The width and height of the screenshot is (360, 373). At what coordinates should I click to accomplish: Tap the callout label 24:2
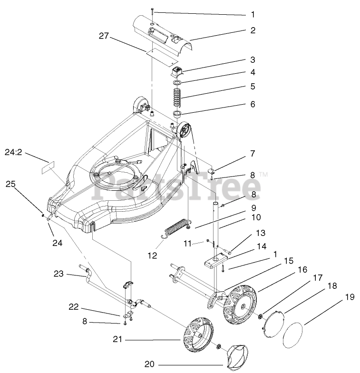point(14,153)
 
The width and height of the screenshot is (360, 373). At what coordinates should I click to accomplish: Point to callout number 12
point(152,255)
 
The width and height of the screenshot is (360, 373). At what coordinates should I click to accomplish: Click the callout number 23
point(58,274)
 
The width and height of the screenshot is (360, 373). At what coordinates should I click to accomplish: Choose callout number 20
point(150,364)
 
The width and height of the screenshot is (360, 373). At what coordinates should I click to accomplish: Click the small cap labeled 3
point(177,72)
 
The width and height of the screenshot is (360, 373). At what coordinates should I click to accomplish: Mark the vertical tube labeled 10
point(217,224)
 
